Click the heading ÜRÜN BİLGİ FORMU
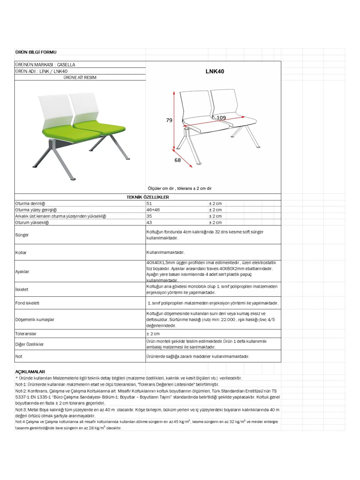pos(36,52)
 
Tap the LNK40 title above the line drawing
pos(214,71)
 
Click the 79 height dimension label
pos(169,120)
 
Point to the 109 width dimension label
pos(221,118)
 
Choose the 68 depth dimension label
pos(178,160)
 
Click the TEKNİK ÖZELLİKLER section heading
pos(148,197)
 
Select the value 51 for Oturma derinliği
pos(149,203)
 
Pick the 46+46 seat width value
pos(153,210)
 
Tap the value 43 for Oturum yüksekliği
pos(149,223)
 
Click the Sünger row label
pos(22,235)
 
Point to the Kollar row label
pos(21,253)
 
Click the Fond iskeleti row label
pos(27,303)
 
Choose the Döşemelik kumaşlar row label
pos(35,319)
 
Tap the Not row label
pos(19,356)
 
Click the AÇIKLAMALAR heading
pos(30,372)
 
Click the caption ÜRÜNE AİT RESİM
pos(80,77)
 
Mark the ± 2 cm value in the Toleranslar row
pos(153,334)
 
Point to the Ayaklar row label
pos(22,271)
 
